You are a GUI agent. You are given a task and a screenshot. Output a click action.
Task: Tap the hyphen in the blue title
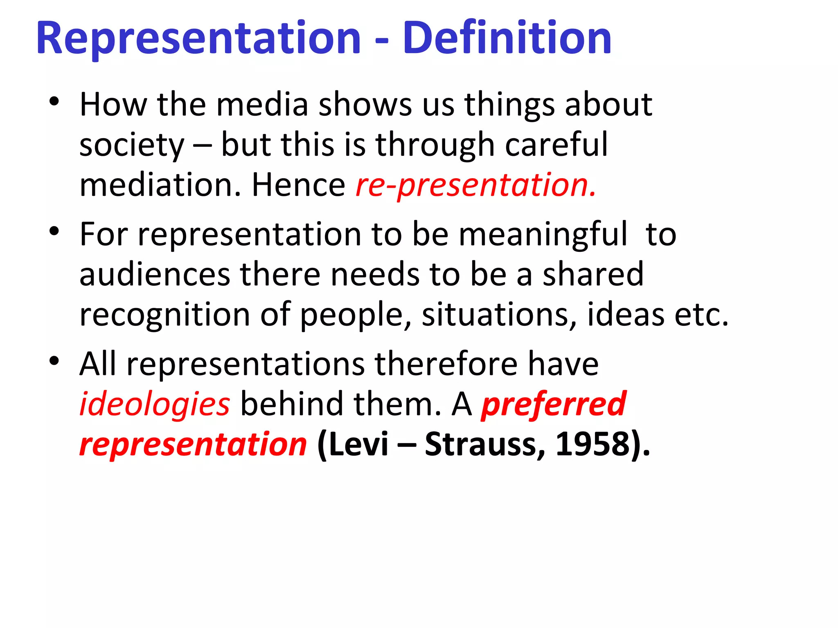click(381, 41)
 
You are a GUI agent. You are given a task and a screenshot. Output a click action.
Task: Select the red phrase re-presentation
click(475, 185)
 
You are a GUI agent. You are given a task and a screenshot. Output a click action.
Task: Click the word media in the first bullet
click(262, 105)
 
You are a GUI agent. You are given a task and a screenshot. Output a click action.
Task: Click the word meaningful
click(543, 234)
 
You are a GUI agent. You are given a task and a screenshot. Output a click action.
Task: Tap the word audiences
click(155, 275)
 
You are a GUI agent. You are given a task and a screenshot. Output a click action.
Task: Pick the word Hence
click(298, 185)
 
